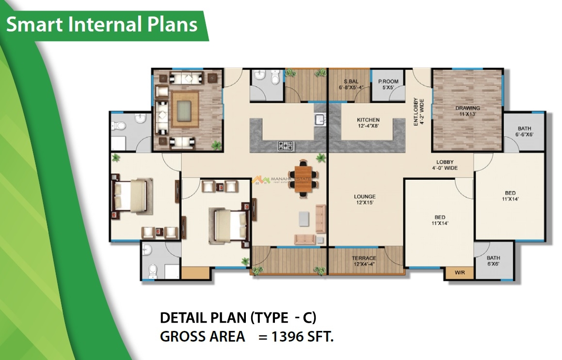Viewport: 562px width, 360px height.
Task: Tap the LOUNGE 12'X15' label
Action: [x=365, y=200]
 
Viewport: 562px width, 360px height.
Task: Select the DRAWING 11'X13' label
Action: [x=467, y=111]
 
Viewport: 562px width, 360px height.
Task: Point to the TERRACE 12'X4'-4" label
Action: [x=364, y=261]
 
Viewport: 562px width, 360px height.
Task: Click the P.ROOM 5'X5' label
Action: [x=388, y=85]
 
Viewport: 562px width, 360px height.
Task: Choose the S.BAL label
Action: [x=351, y=81]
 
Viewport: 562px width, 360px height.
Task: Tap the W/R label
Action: [x=459, y=273]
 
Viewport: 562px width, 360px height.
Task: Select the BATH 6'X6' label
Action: [x=493, y=261]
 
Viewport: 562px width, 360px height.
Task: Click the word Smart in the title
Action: [x=31, y=24]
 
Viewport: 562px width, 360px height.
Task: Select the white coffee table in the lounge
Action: [x=304, y=219]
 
